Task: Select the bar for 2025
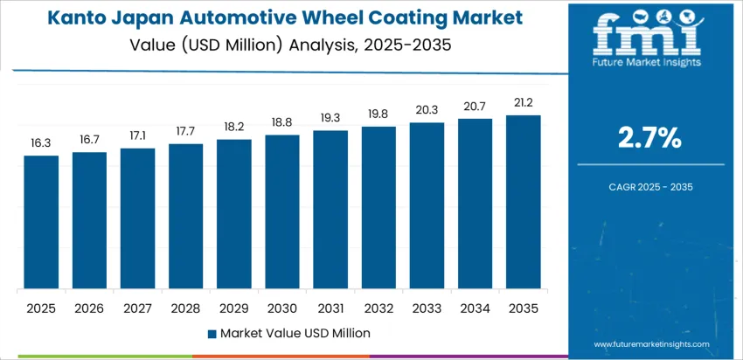pos(41,223)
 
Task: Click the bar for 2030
pos(282,212)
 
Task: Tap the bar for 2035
pos(524,203)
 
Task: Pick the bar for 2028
pos(185,217)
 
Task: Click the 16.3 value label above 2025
pos(41,141)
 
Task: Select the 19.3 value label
pos(330,116)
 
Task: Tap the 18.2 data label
pos(234,125)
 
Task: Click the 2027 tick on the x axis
pos(137,308)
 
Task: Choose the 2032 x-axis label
pos(378,308)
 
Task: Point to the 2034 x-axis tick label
pos(475,308)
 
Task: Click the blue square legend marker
pos(212,333)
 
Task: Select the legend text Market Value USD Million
pos(295,333)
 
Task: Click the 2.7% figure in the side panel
pos(650,137)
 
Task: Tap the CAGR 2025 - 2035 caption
pos(650,187)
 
